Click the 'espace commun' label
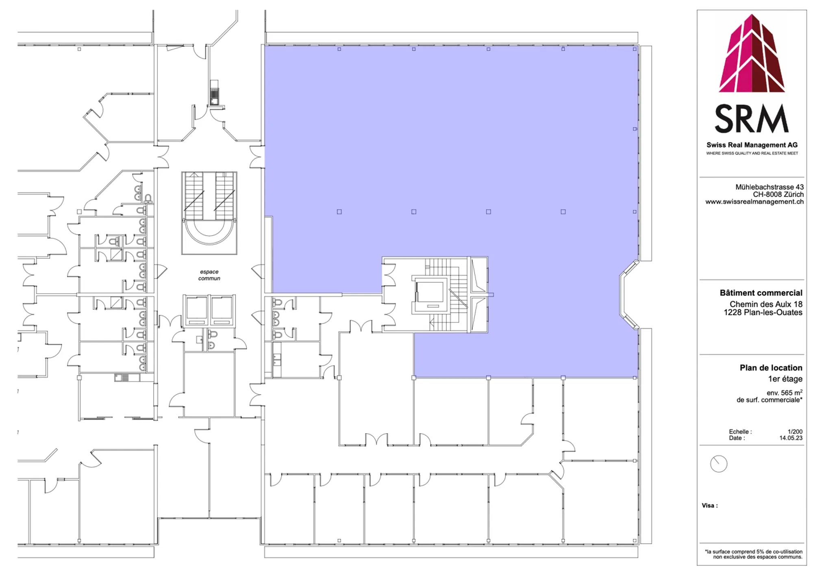pos(209,275)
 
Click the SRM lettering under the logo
pos(752,118)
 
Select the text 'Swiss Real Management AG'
pos(752,145)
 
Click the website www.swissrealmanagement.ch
pos(754,202)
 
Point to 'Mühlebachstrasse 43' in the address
pos(770,187)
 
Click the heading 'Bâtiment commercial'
pos(761,293)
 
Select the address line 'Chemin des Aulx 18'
pos(766,304)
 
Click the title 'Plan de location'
pos(771,368)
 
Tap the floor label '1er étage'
pos(785,379)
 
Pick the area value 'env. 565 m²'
pos(785,393)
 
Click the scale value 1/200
pos(795,432)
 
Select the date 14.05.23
pos(791,438)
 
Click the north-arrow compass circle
pos(718,464)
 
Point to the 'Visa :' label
pos(710,506)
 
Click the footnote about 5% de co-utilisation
pos(754,554)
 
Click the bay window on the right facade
pos(628,295)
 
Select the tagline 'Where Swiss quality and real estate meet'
pos(752,153)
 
